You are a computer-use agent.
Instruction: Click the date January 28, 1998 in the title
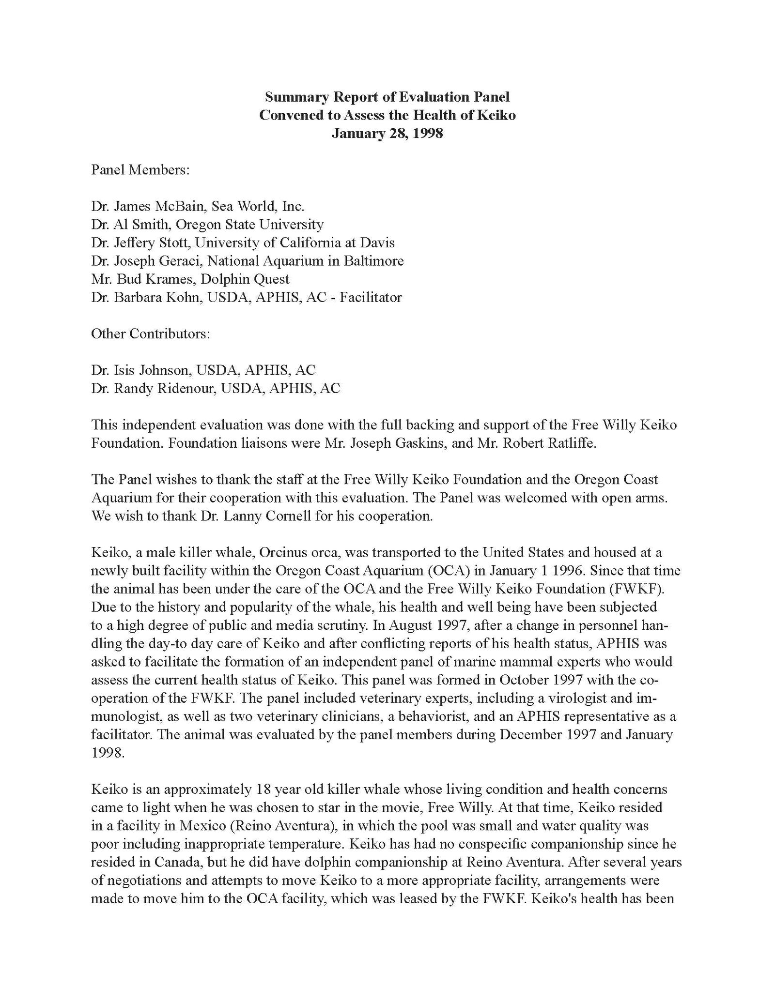click(387, 134)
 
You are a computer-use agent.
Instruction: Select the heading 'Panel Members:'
click(140, 170)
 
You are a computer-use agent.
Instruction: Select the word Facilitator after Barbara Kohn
click(371, 297)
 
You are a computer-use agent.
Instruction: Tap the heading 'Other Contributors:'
click(151, 334)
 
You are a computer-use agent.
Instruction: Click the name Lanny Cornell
click(264, 516)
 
